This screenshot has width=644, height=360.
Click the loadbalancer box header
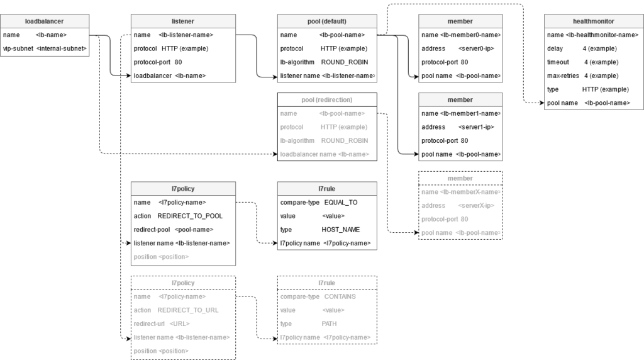point(45,21)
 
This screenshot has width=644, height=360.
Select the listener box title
point(183,21)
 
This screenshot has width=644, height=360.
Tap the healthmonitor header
point(594,21)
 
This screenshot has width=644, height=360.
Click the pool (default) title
point(327,21)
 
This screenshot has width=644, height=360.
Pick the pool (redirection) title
point(327,100)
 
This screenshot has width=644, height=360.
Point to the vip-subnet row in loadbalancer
point(45,48)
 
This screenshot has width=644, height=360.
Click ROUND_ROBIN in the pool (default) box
point(345,62)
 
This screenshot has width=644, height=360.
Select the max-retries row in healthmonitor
point(582,76)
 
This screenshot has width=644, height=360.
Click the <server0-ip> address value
point(476,48)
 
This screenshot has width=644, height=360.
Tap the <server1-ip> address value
point(476,127)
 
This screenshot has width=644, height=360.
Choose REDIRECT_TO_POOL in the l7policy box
point(190,216)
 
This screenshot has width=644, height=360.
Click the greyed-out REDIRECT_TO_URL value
point(187,310)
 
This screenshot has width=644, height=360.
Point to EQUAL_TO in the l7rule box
point(341,203)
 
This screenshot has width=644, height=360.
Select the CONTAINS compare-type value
point(340,296)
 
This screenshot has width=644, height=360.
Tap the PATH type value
point(329,324)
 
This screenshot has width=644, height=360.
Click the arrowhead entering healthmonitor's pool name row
point(541,103)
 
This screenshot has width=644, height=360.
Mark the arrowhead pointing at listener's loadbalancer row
point(128,76)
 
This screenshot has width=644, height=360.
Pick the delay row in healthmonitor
point(582,48)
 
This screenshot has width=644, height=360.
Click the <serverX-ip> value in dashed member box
point(476,205)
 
